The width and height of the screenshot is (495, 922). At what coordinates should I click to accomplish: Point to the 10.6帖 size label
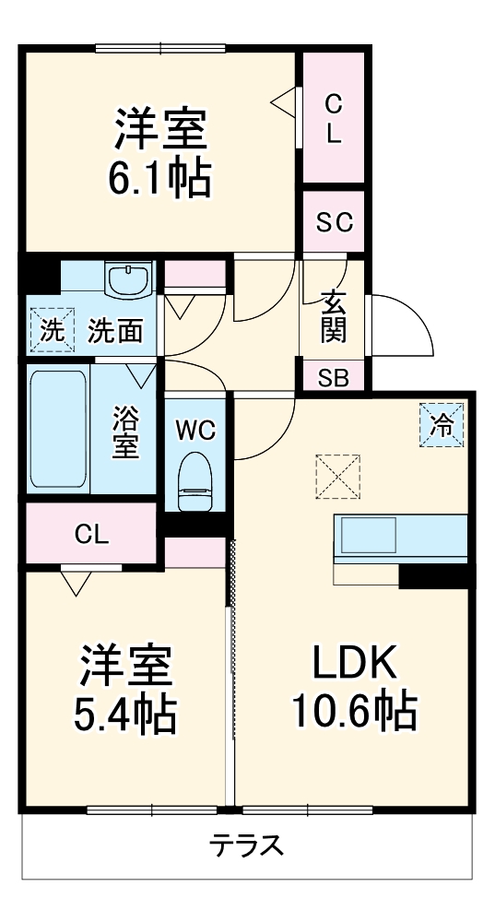click(354, 711)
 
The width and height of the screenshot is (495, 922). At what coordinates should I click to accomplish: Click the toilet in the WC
click(195, 481)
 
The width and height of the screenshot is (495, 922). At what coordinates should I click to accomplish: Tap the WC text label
click(196, 429)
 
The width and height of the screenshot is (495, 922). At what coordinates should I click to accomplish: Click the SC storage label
click(334, 223)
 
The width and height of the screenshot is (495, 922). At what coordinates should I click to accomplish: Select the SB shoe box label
click(333, 377)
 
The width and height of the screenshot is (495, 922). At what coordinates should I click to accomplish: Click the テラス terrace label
click(244, 845)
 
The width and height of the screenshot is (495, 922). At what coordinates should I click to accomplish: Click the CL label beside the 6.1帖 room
click(333, 117)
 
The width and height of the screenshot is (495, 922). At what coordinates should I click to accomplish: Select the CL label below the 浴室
click(91, 533)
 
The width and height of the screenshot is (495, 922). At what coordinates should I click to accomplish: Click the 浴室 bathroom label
click(126, 431)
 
